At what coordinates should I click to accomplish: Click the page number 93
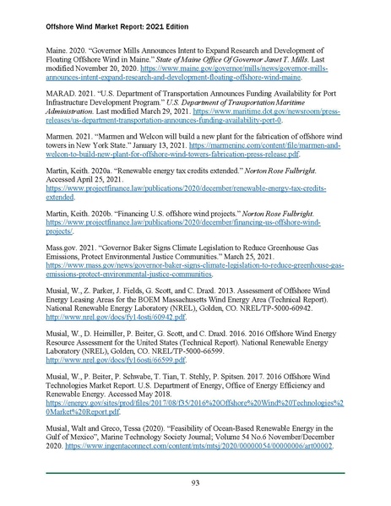coord(195,482)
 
